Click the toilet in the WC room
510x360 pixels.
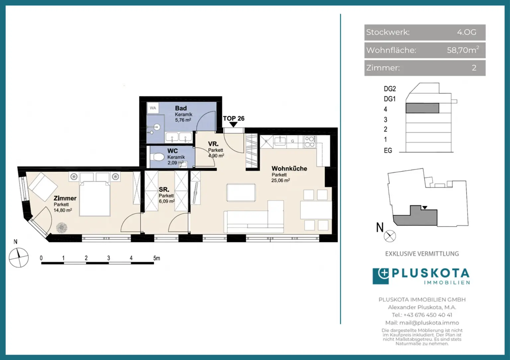[157, 157]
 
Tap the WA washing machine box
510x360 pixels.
[153, 108]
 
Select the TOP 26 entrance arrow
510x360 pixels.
[233, 124]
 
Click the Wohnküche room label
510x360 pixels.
[289, 169]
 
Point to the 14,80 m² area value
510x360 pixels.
[63, 210]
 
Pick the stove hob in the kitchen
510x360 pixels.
[310, 141]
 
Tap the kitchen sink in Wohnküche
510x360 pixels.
[280, 141]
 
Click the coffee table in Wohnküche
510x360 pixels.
[241, 193]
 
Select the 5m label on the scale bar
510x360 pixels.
[157, 258]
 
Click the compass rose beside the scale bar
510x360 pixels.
[19, 257]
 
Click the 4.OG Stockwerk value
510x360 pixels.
[467, 32]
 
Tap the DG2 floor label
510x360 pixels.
[390, 89]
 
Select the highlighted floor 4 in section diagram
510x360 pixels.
[422, 108]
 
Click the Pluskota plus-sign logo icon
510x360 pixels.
[381, 276]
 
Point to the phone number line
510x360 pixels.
[422, 315]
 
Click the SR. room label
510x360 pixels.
[164, 189]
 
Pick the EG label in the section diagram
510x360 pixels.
[388, 150]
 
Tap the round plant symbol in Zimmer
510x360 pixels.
[62, 228]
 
